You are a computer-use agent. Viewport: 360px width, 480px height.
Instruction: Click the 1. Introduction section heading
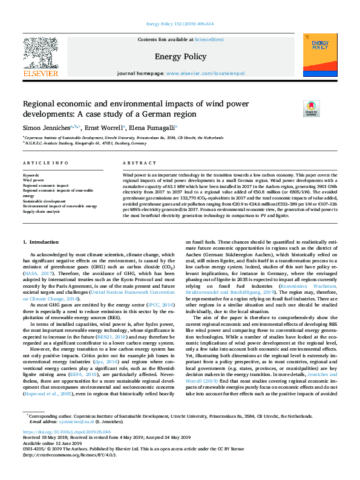click(x=41, y=242)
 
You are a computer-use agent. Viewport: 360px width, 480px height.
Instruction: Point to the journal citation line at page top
click(x=179, y=24)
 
